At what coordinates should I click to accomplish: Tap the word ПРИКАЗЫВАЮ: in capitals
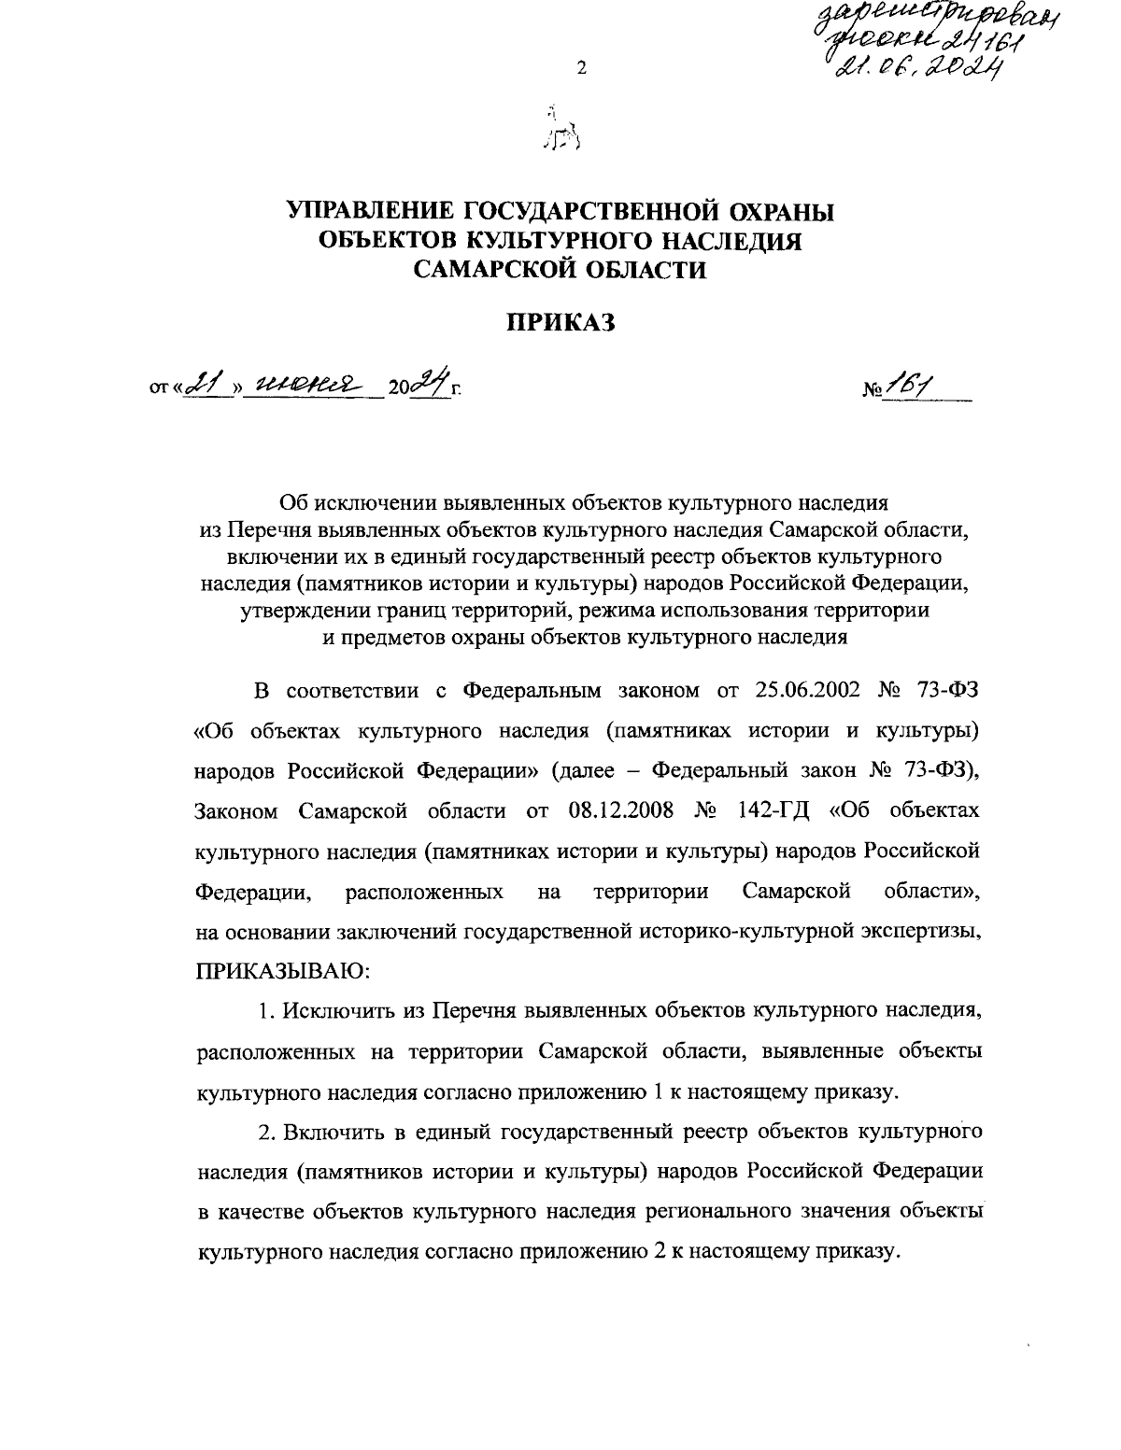pyautogui.click(x=283, y=971)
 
